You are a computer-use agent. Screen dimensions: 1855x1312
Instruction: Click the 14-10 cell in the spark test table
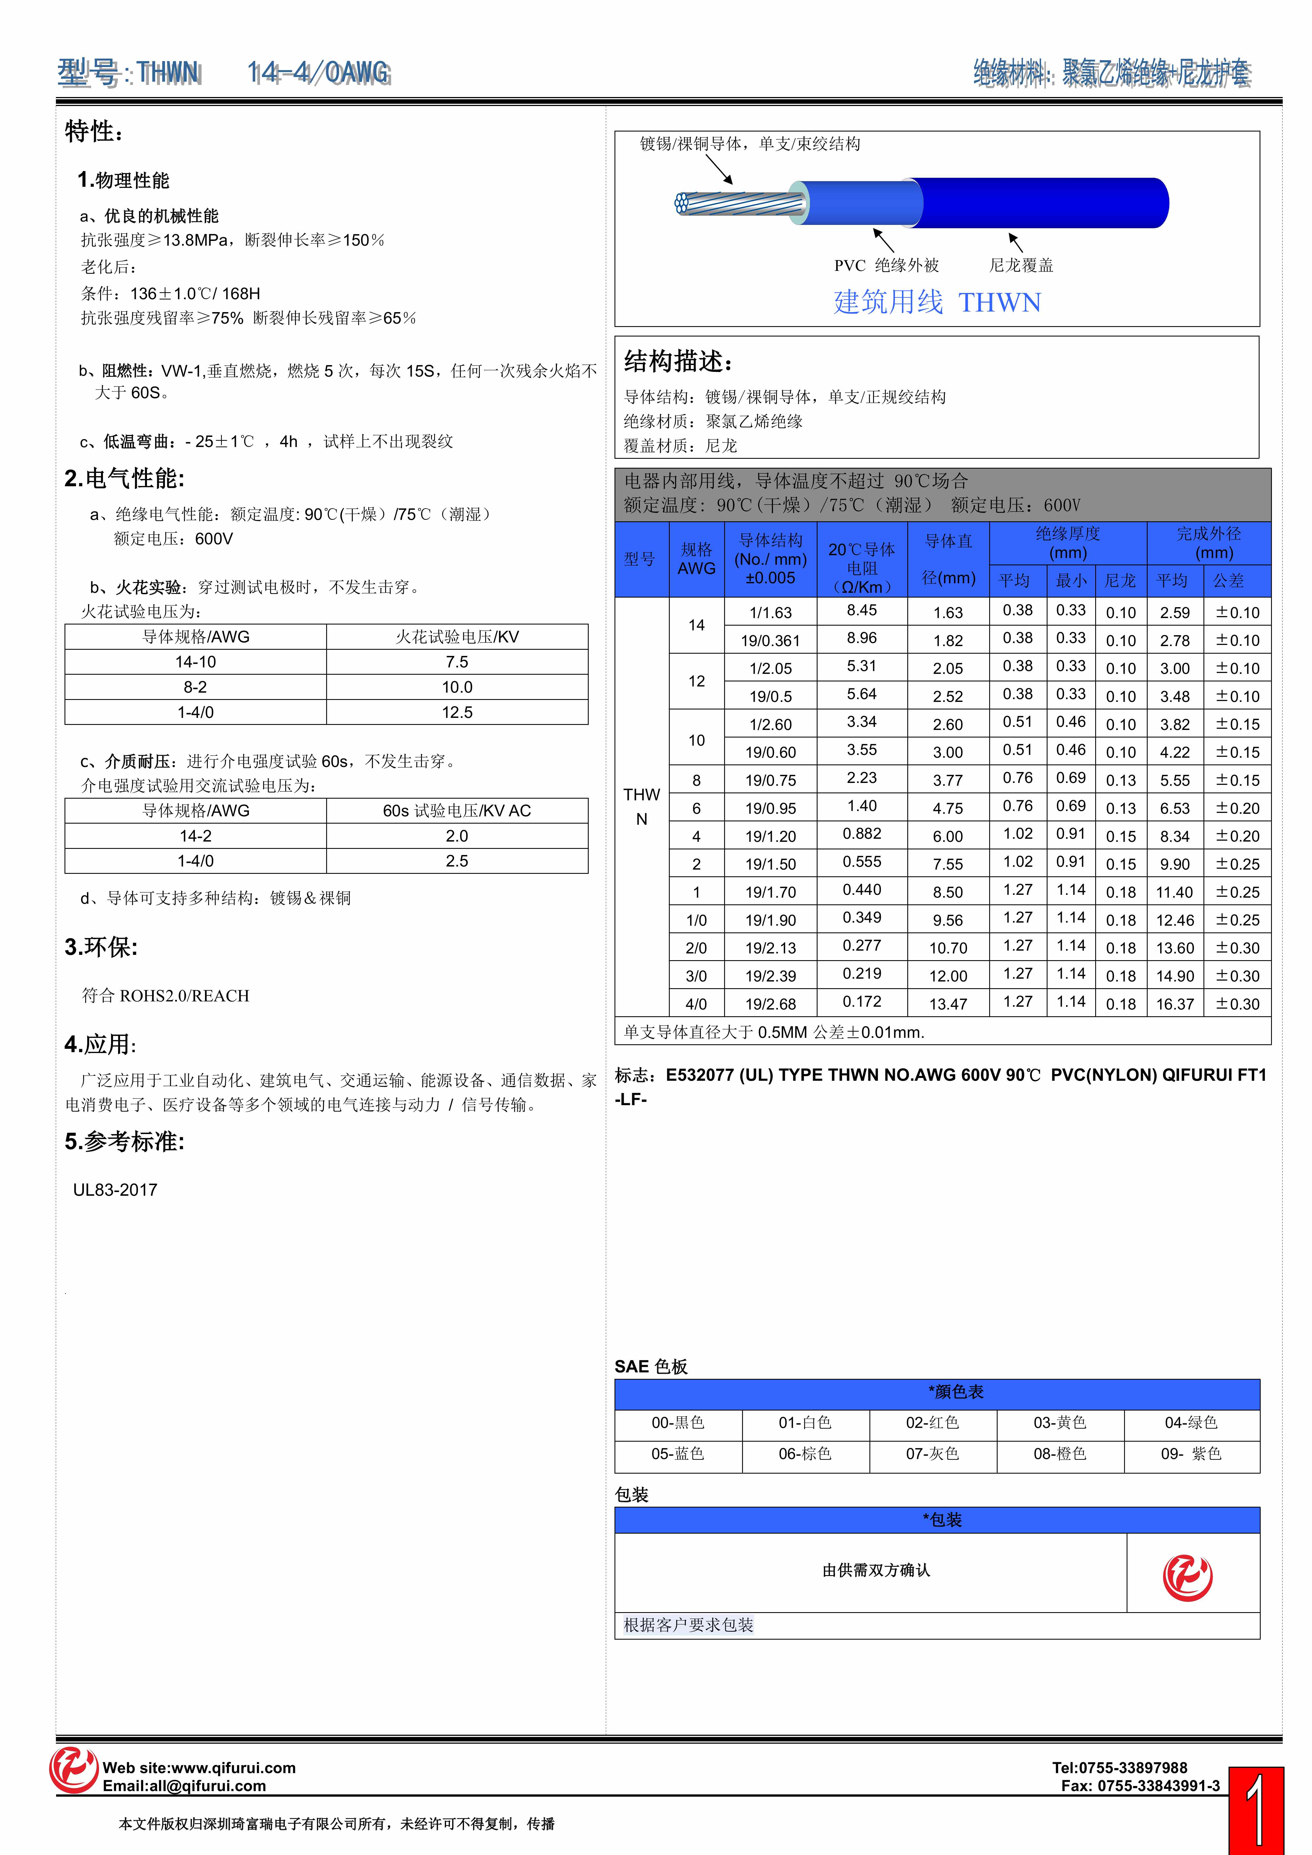pyautogui.click(x=195, y=662)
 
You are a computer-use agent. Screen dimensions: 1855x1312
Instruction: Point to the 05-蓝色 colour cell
pyautogui.click(x=678, y=1453)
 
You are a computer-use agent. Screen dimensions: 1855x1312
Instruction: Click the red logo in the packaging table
pyautogui.click(x=1187, y=1576)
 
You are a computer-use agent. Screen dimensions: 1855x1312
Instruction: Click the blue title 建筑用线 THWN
pyautogui.click(x=937, y=302)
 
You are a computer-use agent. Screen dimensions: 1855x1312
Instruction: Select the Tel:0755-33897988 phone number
pyautogui.click(x=1120, y=1767)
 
